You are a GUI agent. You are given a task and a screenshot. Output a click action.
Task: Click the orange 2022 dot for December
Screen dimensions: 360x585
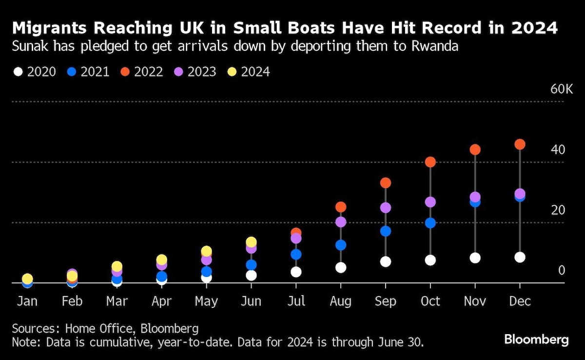pyautogui.click(x=520, y=144)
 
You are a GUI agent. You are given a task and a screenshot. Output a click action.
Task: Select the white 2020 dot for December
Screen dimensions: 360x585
pyautogui.click(x=520, y=257)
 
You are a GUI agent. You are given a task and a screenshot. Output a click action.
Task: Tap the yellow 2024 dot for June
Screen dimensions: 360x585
pyautogui.click(x=251, y=242)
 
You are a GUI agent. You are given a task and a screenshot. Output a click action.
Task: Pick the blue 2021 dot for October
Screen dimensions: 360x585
pyautogui.click(x=430, y=223)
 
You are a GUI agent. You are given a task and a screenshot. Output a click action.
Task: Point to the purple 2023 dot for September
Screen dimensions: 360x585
pyautogui.click(x=386, y=208)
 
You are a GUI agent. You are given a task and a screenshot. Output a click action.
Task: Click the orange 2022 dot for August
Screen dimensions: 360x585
pyautogui.click(x=341, y=207)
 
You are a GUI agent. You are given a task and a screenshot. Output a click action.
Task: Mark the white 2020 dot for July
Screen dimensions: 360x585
pyautogui.click(x=296, y=272)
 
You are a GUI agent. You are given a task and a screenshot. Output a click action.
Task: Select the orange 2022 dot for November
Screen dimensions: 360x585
pyautogui.click(x=475, y=149)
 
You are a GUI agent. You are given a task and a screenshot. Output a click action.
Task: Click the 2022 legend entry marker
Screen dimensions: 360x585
pyautogui.click(x=125, y=72)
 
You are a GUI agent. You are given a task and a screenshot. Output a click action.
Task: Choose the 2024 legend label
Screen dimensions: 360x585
pyautogui.click(x=255, y=72)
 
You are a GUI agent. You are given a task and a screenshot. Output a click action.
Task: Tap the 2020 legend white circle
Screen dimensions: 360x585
pyautogui.click(x=19, y=72)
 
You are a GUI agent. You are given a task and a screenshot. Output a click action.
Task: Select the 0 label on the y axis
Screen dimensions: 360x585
pyautogui.click(x=561, y=270)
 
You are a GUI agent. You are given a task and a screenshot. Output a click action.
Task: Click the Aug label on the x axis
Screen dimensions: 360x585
pyautogui.click(x=340, y=301)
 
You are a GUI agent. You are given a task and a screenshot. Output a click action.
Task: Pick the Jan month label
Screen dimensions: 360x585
pyautogui.click(x=27, y=301)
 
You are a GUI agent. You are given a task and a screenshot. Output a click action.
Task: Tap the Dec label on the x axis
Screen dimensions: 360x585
pyautogui.click(x=520, y=301)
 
